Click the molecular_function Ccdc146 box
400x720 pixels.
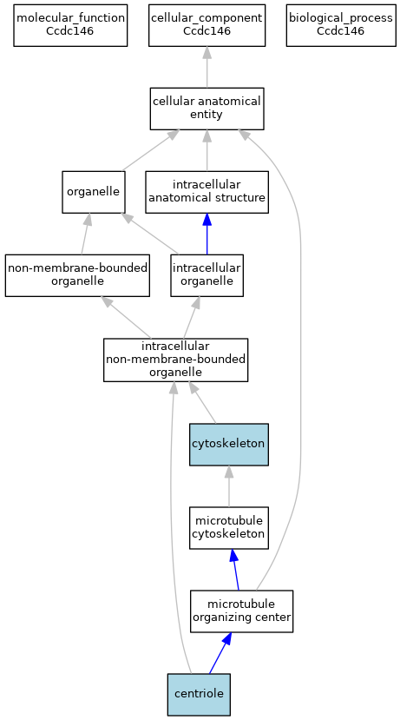pos(70,25)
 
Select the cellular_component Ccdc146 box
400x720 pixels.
pos(207,25)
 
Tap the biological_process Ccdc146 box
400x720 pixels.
pos(341,25)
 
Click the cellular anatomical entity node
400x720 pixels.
pos(207,109)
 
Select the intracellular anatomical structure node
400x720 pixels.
pos(207,192)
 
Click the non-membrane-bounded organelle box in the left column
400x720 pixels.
pos(77,275)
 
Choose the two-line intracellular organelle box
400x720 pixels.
pos(207,275)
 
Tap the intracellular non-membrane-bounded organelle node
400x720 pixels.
pos(175,360)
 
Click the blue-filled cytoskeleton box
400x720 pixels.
pos(229,445)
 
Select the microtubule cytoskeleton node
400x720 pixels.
pos(229,528)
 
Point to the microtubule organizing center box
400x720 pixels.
pos(241,611)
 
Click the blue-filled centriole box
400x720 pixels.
pos(199,695)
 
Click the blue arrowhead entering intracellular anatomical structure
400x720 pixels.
pos(207,220)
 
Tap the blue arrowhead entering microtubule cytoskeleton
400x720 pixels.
pos(233,556)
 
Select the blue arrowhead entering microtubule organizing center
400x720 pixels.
pos(226,638)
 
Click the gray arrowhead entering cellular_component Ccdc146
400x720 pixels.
pos(207,53)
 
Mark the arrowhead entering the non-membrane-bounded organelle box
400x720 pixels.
pos(107,301)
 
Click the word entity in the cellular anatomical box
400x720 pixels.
pos(207,115)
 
